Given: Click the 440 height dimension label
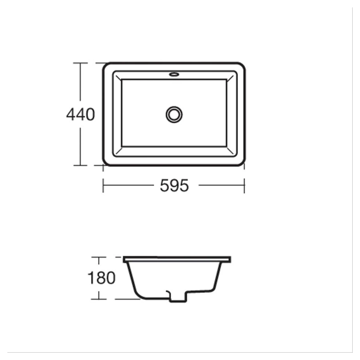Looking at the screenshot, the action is pos(80,114).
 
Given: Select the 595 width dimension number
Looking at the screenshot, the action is pos(174,185).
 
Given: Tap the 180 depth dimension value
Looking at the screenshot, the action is pos(101,278).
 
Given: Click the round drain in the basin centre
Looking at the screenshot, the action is pos(174,114).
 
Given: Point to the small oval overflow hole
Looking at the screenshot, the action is pos(174,74).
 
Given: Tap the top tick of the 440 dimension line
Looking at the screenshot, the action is pos(80,63).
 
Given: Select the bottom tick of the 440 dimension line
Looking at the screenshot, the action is pos(80,165).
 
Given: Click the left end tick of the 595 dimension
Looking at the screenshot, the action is pos(103,185).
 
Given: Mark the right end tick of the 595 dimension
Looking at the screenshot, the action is pos(244,185).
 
